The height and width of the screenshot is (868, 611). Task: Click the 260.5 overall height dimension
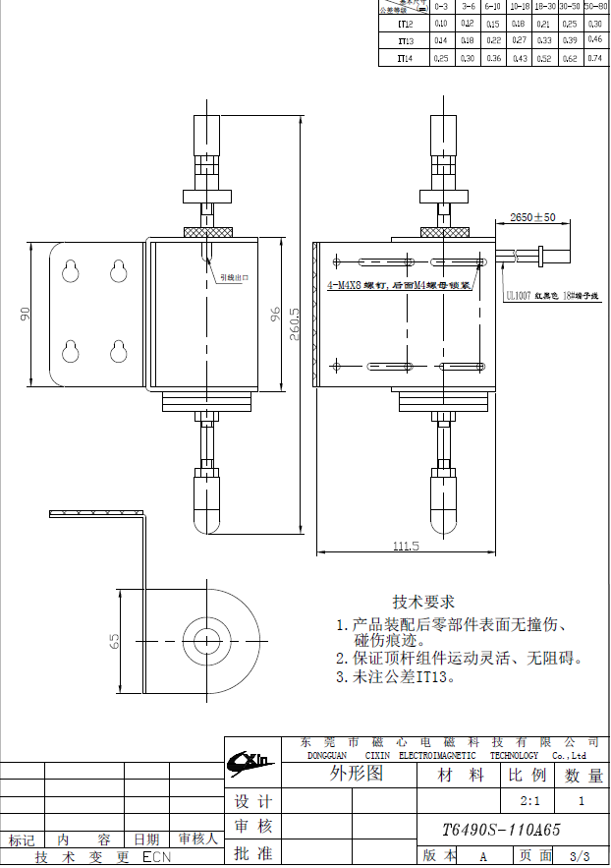point(294,319)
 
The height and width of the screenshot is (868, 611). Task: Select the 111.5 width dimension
point(406,546)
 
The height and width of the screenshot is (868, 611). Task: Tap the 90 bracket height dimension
point(27,314)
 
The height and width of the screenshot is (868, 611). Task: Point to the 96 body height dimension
point(276,314)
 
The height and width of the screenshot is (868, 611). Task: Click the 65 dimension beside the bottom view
point(114,640)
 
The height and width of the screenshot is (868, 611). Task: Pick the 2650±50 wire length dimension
point(532,216)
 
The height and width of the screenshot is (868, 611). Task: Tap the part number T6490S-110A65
point(502,830)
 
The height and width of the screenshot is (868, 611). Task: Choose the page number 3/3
point(580,856)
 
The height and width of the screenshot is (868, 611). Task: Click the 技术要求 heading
point(423,602)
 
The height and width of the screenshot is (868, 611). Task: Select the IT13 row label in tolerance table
point(405,41)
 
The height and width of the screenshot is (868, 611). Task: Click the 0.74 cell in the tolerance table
point(594,58)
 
